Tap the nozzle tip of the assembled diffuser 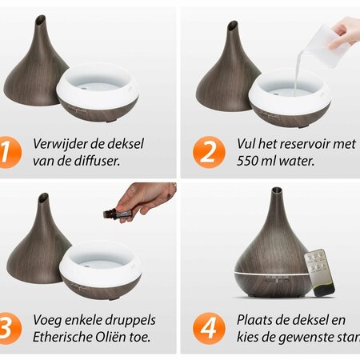click(275, 193)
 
